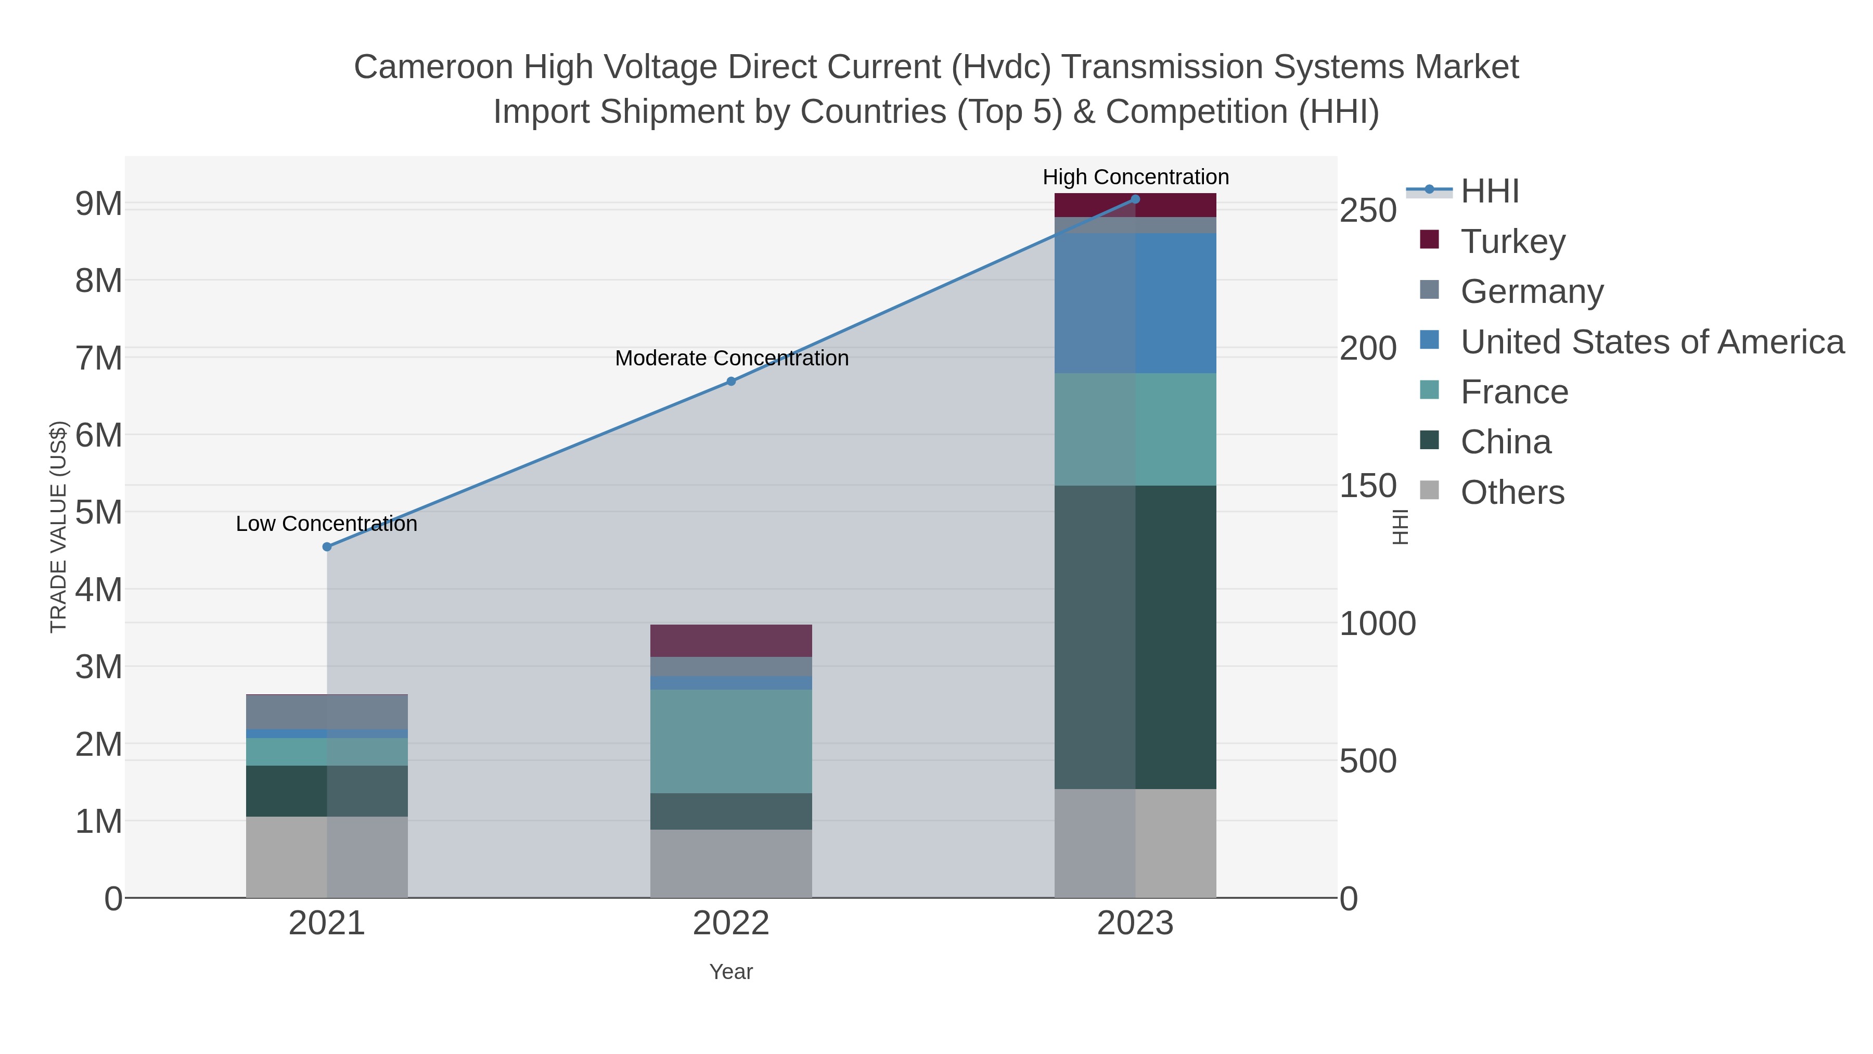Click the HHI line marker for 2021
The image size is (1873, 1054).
[326, 547]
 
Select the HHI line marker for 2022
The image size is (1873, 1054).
[732, 381]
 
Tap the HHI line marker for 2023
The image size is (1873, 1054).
[1135, 199]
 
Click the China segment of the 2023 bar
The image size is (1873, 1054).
[1135, 637]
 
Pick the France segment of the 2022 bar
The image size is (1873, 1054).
[731, 741]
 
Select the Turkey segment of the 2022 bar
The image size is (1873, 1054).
[731, 640]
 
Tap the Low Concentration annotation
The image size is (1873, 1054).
[326, 524]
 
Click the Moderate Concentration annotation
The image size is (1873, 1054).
[732, 358]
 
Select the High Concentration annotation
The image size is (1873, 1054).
[1135, 177]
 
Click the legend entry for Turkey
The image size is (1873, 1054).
[1513, 241]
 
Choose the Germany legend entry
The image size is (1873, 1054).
[1531, 291]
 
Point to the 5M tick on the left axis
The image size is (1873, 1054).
[99, 512]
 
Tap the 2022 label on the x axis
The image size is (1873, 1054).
[731, 923]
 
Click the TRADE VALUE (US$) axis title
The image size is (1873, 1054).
[58, 527]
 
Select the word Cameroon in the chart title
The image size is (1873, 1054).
[433, 67]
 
